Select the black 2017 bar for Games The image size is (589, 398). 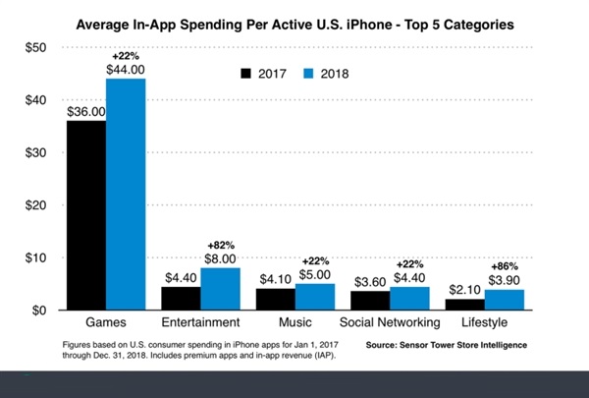(x=85, y=215)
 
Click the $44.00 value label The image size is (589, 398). (x=126, y=69)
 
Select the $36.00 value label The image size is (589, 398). (x=85, y=111)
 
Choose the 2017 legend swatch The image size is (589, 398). (x=248, y=73)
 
